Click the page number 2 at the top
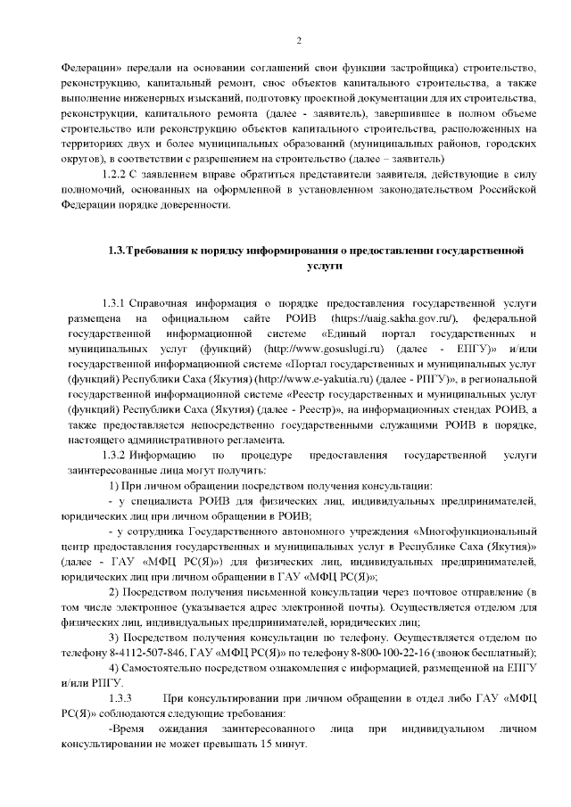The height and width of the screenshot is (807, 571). [x=299, y=40]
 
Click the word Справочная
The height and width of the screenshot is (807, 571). [x=162, y=302]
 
